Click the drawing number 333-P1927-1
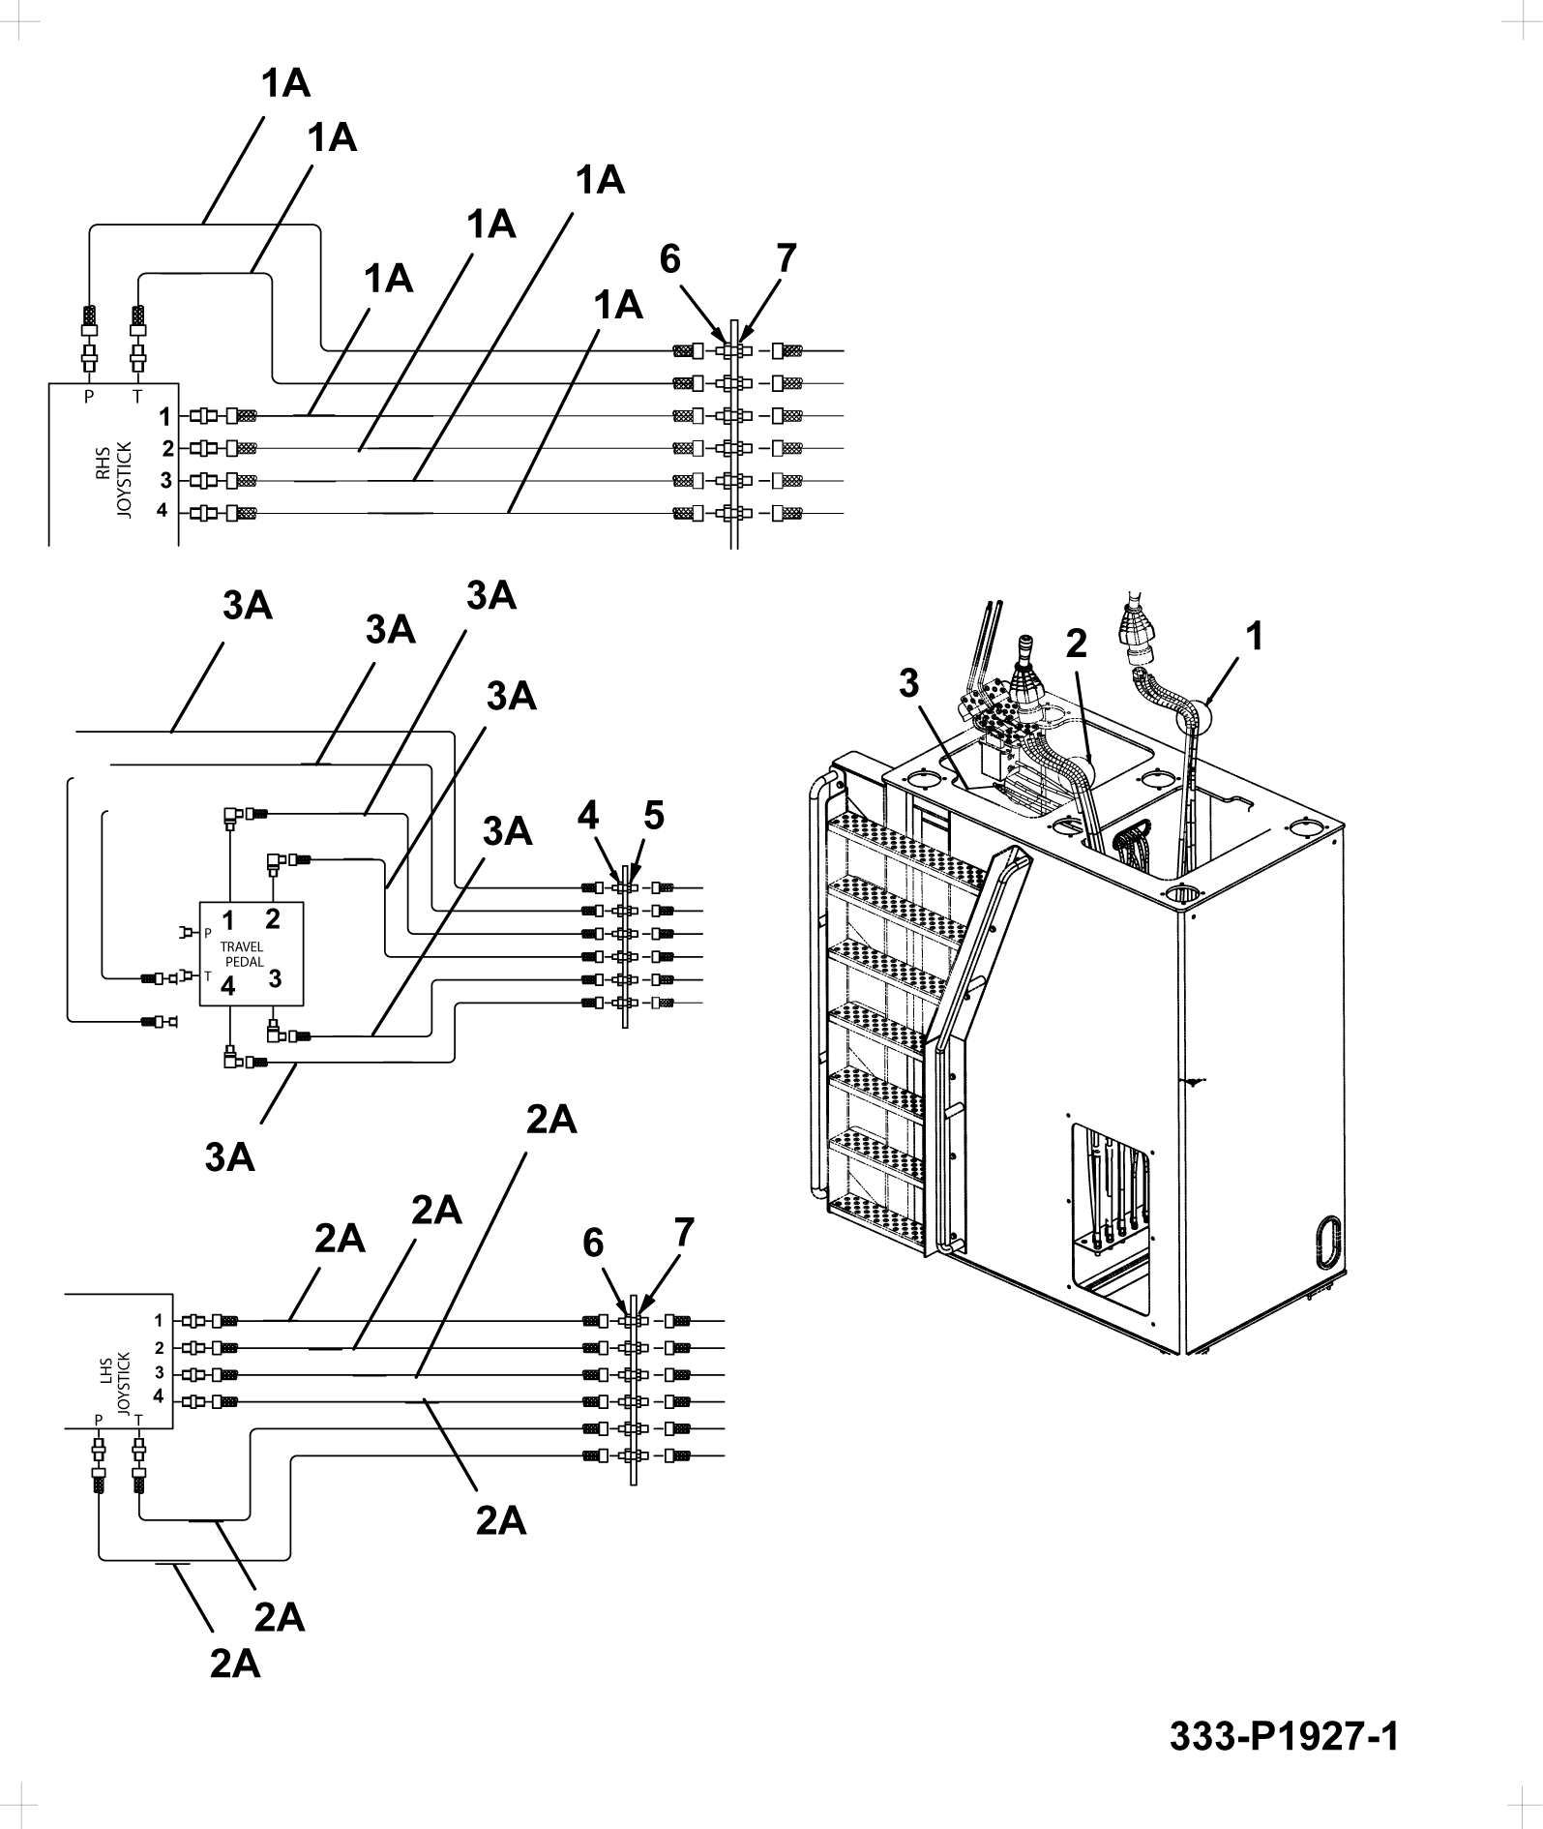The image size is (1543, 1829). click(1284, 1737)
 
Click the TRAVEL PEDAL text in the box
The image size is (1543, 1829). click(242, 953)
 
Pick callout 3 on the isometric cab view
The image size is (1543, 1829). click(908, 683)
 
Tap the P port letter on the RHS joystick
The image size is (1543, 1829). click(89, 395)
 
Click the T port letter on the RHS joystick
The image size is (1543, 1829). click(136, 395)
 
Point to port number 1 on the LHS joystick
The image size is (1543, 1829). click(158, 1320)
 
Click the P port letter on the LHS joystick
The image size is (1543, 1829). click(99, 1419)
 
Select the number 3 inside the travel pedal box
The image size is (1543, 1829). click(275, 977)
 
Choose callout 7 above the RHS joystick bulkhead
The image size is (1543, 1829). click(786, 258)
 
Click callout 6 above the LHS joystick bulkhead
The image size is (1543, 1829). click(593, 1244)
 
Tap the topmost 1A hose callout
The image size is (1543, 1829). click(285, 84)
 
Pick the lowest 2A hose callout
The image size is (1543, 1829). click(235, 1664)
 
